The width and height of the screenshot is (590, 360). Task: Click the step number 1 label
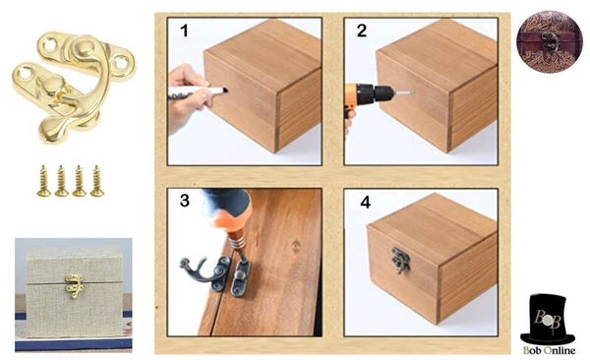pyautogui.click(x=184, y=30)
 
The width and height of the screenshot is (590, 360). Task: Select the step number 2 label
pyautogui.click(x=362, y=30)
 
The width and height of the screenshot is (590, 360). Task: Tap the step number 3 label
pyautogui.click(x=185, y=201)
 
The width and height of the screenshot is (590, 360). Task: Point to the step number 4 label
pyautogui.click(x=366, y=203)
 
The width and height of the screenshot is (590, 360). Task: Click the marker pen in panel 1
pyautogui.click(x=199, y=91)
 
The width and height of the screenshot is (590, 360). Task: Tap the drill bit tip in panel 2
pyautogui.click(x=414, y=92)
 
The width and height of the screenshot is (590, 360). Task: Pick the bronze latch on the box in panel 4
pyautogui.click(x=400, y=260)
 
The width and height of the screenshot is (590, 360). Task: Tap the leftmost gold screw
pyautogui.click(x=43, y=181)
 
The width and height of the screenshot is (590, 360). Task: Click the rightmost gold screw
pyautogui.click(x=97, y=181)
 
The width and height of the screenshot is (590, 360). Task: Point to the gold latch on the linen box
pyautogui.click(x=74, y=286)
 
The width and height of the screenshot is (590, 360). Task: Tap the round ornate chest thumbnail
pyautogui.click(x=550, y=41)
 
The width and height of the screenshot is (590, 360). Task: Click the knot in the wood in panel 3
pyautogui.click(x=296, y=245)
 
